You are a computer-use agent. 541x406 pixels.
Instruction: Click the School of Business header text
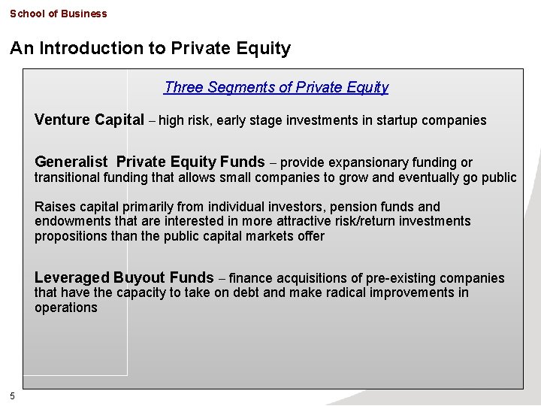[x=59, y=14]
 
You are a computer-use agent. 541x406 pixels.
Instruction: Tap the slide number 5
[x=13, y=396]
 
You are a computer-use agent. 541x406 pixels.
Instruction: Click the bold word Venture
[x=63, y=120]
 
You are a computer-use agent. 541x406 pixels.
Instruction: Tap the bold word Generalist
[x=72, y=162]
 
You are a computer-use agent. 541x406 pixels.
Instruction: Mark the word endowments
[x=70, y=221]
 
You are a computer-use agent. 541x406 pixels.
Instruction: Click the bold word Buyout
[x=141, y=277]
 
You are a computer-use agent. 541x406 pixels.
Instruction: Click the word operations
[x=65, y=308]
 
